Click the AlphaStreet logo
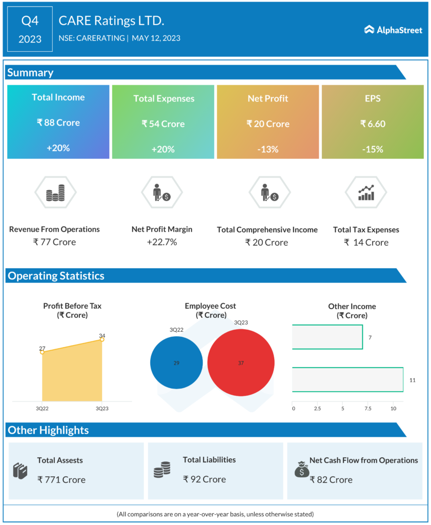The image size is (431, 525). [393, 30]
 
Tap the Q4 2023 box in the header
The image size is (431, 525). [30, 29]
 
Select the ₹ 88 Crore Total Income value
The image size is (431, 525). [58, 123]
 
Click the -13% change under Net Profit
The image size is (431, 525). [268, 149]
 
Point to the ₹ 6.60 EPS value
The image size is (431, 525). [373, 124]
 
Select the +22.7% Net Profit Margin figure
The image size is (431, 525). [162, 242]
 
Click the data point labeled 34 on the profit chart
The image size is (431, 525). [102, 339]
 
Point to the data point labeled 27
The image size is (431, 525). [42, 352]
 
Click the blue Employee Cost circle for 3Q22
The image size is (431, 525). [176, 362]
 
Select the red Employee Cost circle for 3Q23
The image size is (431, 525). [240, 362]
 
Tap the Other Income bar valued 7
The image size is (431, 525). [327, 337]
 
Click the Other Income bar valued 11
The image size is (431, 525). [347, 380]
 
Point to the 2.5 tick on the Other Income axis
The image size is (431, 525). [317, 409]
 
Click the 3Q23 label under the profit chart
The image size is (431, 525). [102, 409]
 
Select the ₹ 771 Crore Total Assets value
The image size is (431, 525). [61, 480]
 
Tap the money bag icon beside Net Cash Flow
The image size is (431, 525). [302, 469]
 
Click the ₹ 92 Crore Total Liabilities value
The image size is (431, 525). [204, 479]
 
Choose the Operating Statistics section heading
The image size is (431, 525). [56, 276]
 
